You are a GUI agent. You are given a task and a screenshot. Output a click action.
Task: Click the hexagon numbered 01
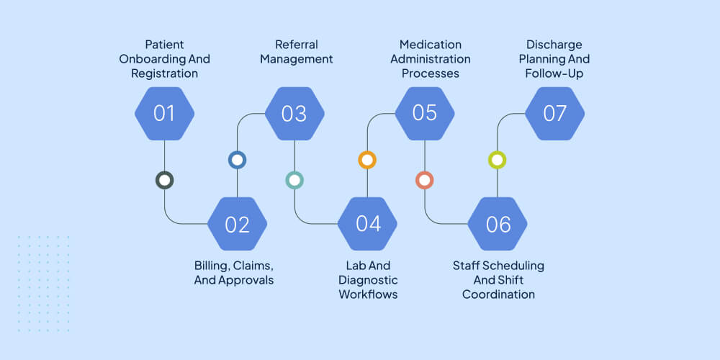pyautogui.click(x=165, y=114)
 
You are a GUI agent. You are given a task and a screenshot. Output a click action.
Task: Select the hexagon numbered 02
pyautogui.click(x=237, y=224)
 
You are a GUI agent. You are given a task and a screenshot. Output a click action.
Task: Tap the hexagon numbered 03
pyautogui.click(x=294, y=114)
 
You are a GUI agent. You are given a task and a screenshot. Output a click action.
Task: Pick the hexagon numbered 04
pyautogui.click(x=367, y=224)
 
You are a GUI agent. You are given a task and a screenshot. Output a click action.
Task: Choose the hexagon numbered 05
pyautogui.click(x=425, y=114)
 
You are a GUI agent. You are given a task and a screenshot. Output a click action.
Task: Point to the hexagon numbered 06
pyautogui.click(x=498, y=224)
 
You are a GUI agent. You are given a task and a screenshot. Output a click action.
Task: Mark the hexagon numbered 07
pyautogui.click(x=554, y=114)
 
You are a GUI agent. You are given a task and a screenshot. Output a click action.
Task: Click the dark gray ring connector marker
pyautogui.click(x=165, y=180)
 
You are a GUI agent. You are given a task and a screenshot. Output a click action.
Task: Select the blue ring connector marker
pyautogui.click(x=237, y=160)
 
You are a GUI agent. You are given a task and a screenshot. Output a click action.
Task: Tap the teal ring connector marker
pyautogui.click(x=294, y=180)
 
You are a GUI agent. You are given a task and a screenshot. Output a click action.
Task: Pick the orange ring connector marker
pyautogui.click(x=367, y=160)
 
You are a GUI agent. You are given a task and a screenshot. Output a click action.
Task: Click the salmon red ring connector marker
pyautogui.click(x=425, y=180)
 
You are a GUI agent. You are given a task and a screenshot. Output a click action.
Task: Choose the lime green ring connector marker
pyautogui.click(x=498, y=160)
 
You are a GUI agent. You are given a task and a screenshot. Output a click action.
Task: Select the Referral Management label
pyautogui.click(x=296, y=52)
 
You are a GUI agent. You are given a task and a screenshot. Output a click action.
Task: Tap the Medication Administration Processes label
pyautogui.click(x=430, y=59)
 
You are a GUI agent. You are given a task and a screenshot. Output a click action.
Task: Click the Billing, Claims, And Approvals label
pyautogui.click(x=234, y=273)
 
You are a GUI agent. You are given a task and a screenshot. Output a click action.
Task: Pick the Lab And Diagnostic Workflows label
pyautogui.click(x=368, y=280)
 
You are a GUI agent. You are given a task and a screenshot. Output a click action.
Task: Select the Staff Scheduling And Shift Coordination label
pyautogui.click(x=498, y=280)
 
